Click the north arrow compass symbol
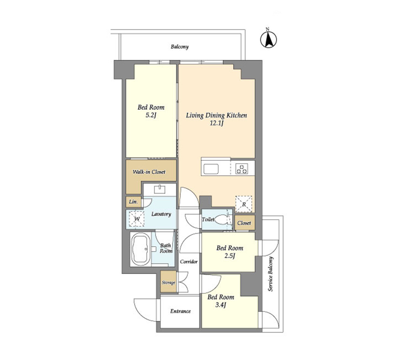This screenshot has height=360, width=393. (268, 40)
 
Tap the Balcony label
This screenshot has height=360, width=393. (180, 47)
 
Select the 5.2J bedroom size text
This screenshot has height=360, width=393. (151, 115)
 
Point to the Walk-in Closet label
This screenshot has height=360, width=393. (149, 172)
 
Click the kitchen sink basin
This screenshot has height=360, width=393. (211, 169)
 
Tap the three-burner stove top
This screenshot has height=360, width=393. (242, 169)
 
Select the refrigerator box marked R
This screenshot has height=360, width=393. (244, 204)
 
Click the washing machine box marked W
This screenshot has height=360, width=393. (137, 219)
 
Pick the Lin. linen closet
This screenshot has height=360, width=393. (133, 202)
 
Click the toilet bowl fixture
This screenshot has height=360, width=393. (221, 220)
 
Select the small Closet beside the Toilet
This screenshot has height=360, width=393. (245, 223)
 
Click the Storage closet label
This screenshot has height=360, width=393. (168, 283)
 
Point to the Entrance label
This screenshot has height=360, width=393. (181, 311)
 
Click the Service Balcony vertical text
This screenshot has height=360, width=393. (271, 274)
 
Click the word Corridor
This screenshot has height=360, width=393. (189, 261)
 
